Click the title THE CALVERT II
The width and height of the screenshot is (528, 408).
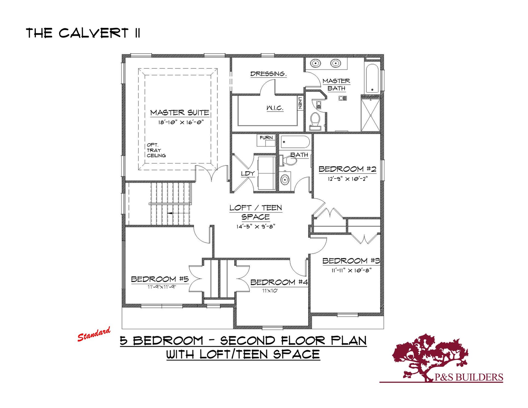(x=83, y=33)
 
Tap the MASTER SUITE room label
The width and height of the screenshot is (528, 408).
(x=180, y=113)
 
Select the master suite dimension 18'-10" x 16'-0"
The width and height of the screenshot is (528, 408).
(x=181, y=122)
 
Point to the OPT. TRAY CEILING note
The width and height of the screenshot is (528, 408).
(x=156, y=150)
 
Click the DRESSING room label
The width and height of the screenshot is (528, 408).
(x=268, y=74)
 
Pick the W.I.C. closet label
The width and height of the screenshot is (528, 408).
(x=275, y=108)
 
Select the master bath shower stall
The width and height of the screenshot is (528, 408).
(x=370, y=115)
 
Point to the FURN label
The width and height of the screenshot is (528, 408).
(x=266, y=138)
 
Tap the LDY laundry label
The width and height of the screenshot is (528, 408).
(x=248, y=174)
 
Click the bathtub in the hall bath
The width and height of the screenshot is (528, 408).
(x=295, y=142)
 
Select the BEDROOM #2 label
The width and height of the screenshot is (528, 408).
(x=347, y=169)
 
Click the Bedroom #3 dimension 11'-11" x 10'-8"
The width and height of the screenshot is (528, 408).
(x=351, y=270)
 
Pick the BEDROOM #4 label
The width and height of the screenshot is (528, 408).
(x=279, y=282)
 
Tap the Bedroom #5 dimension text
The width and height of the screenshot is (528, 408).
(x=162, y=287)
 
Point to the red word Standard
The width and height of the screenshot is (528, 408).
(x=94, y=334)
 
